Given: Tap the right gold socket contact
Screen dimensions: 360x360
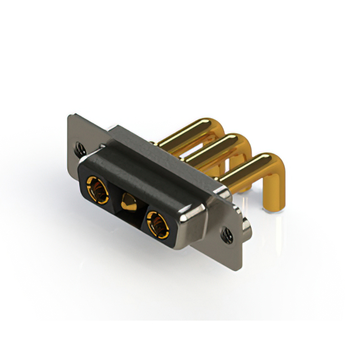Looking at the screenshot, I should [x=157, y=222].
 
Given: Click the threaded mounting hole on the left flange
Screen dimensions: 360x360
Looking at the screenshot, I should [x=79, y=147].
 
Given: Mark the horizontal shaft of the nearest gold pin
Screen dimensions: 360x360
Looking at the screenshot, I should [x=242, y=172].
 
